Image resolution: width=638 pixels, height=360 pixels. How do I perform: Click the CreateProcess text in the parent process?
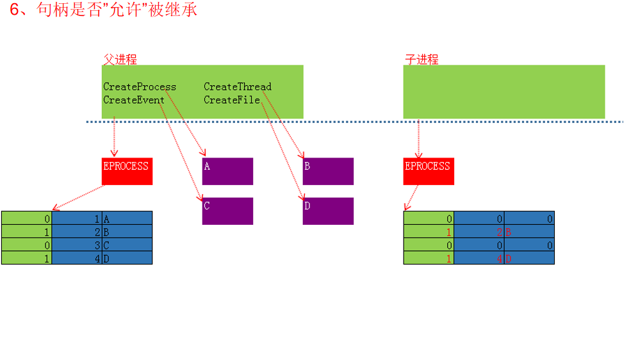click(140, 87)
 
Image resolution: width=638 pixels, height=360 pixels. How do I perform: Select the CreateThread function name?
click(238, 87)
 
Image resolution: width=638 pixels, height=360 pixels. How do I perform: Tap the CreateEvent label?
click(134, 100)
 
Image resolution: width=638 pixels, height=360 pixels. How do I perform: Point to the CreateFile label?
click(232, 100)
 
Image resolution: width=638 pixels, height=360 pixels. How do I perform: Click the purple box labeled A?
click(227, 171)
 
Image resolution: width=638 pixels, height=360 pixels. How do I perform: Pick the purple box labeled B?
click(328, 171)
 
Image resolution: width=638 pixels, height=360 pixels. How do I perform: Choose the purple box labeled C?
click(227, 211)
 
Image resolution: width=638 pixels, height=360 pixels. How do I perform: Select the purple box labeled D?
click(328, 211)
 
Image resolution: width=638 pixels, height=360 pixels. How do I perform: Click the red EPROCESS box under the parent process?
click(127, 171)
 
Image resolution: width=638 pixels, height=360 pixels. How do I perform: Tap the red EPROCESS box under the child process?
click(429, 171)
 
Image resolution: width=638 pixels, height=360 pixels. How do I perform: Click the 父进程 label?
click(120, 60)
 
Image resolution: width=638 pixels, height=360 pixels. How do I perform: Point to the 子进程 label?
click(421, 60)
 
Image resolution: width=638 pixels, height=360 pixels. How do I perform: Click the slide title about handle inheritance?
click(103, 11)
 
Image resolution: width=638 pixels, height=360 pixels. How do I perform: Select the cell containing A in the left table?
click(127, 218)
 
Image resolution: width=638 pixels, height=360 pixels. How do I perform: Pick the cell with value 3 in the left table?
click(77, 245)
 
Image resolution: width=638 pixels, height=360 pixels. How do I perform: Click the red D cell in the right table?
click(529, 258)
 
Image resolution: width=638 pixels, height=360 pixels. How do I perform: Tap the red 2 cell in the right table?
click(479, 232)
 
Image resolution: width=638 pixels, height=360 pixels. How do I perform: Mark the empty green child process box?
click(503, 92)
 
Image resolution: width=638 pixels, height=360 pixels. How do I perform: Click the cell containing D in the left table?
click(127, 258)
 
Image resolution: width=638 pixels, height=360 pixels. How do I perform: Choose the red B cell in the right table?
click(529, 232)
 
